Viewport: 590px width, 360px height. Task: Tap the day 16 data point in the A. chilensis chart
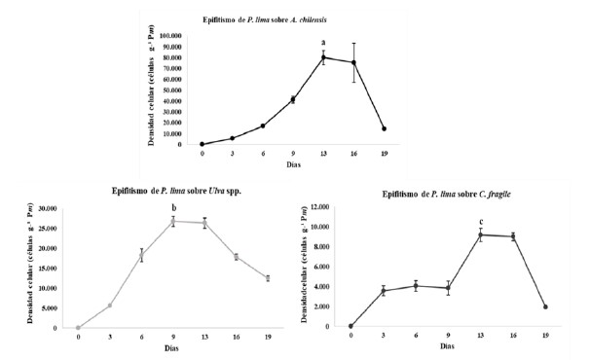[352, 62]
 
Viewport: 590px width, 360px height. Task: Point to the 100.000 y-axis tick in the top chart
[170, 35]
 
